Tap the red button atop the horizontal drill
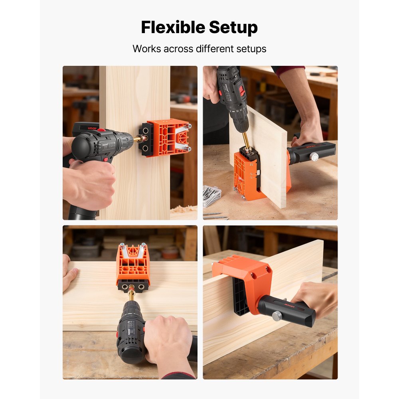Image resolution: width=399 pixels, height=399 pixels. pyautogui.click(x=101, y=130)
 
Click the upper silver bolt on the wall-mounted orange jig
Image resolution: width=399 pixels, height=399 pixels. pyautogui.click(x=189, y=126)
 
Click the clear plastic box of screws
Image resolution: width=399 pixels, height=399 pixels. pyautogui.click(x=212, y=196)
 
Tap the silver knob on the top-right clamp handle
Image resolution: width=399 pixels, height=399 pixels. pyautogui.click(x=314, y=157)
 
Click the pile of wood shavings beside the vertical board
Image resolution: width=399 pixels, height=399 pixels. pyautogui.click(x=185, y=209)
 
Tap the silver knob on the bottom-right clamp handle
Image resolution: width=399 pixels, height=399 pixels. pyautogui.click(x=276, y=316)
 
